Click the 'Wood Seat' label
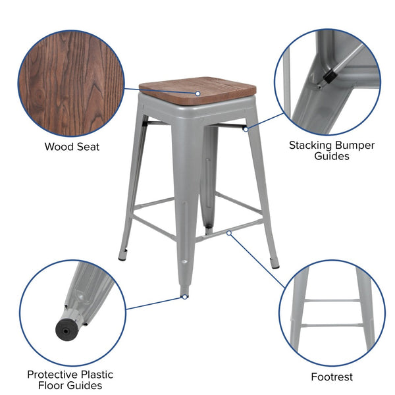tap(72, 147)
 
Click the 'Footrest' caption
tap(332, 377)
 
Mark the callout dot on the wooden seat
tap(197, 93)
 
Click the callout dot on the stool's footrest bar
tap(228, 232)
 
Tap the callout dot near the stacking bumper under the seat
tap(245, 128)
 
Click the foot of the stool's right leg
tap(275, 265)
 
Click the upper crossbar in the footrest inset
tap(332, 300)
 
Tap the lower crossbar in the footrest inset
tap(332, 325)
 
